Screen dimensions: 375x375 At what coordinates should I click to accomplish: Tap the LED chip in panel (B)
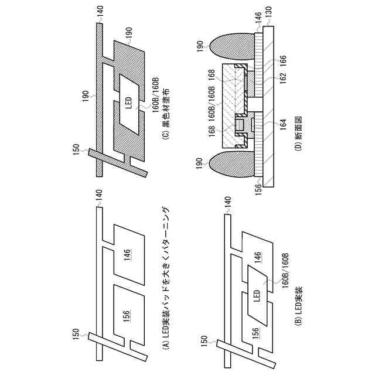(256, 295)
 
